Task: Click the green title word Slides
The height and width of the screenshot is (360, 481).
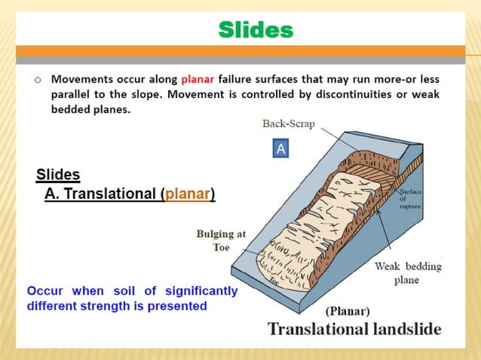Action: click(x=255, y=30)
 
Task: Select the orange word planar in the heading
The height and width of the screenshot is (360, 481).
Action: click(x=188, y=194)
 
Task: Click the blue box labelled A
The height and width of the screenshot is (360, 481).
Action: click(x=280, y=149)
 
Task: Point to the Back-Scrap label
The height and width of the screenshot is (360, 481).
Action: click(x=288, y=124)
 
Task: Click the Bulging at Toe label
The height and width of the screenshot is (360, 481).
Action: click(x=221, y=240)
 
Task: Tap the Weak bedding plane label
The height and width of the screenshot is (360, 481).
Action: click(x=408, y=273)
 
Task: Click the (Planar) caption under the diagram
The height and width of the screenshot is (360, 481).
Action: click(x=347, y=310)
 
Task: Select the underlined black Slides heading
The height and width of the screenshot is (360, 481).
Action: click(x=58, y=175)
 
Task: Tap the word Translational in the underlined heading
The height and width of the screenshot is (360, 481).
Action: click(x=110, y=194)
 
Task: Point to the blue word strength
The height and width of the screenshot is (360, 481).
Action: click(x=139, y=306)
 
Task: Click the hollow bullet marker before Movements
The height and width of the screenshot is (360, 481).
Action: click(x=36, y=79)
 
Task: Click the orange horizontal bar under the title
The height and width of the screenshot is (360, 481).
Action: click(x=240, y=52)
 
